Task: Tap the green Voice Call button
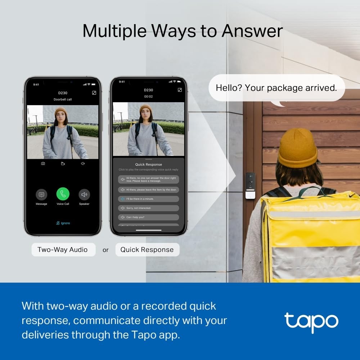click(x=63, y=194)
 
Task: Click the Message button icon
click(x=41, y=194)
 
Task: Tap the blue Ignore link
click(x=63, y=223)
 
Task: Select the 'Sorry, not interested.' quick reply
click(x=148, y=208)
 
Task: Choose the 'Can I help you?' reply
click(x=148, y=217)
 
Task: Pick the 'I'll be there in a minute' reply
click(x=148, y=199)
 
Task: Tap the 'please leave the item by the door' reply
click(x=148, y=189)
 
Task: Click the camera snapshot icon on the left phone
click(x=43, y=163)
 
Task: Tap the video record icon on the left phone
click(x=63, y=163)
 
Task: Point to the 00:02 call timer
click(x=148, y=96)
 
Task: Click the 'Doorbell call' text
click(x=63, y=99)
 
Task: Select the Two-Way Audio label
click(x=63, y=249)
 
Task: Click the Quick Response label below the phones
click(x=147, y=249)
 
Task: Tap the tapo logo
click(x=311, y=321)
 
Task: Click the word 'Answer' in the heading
click(x=252, y=31)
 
